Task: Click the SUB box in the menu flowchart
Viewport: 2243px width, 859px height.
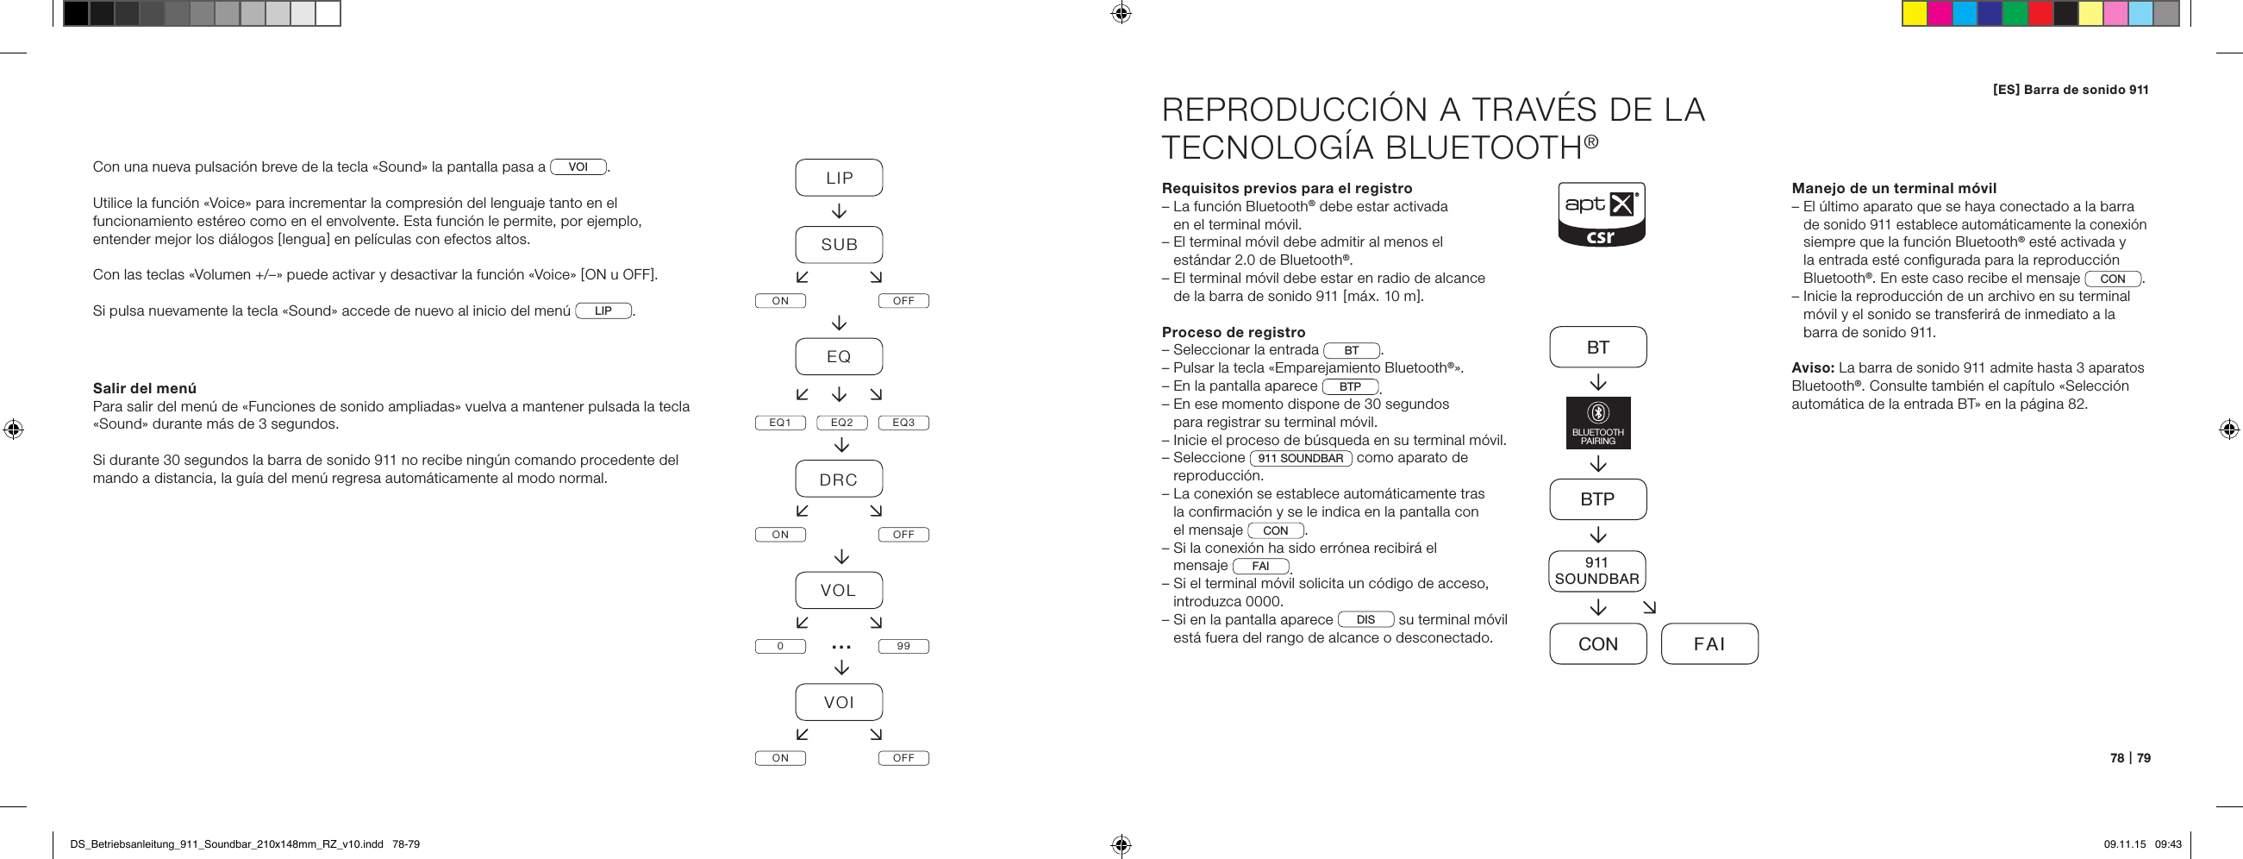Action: [x=839, y=245]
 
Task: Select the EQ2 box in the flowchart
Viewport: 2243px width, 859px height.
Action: [x=841, y=423]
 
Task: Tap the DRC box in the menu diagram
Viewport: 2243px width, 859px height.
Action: [x=839, y=480]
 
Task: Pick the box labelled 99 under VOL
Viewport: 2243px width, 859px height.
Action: [x=903, y=647]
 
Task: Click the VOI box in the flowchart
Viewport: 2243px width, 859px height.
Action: [x=839, y=702]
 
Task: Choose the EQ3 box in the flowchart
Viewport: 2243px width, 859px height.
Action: [x=903, y=423]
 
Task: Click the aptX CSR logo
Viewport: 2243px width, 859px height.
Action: [x=1601, y=214]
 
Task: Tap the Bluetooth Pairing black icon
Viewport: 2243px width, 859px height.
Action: [x=1598, y=423]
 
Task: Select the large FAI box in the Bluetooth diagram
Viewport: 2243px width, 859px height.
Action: [x=1709, y=643]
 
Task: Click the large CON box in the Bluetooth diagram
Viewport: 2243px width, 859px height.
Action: [x=1598, y=643]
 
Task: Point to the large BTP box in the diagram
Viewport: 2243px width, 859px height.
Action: [x=1598, y=499]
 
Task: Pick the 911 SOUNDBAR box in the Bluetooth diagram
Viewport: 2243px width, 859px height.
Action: [x=1597, y=571]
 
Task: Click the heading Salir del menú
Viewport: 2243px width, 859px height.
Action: [x=145, y=389]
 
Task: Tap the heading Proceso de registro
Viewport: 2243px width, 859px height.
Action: [x=1233, y=332]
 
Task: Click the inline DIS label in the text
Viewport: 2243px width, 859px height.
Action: [x=1365, y=619]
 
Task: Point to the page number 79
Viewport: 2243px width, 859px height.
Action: [x=2143, y=758]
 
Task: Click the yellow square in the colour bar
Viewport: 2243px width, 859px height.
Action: [x=1914, y=14]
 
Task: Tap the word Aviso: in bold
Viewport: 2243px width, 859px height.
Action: [x=1812, y=367]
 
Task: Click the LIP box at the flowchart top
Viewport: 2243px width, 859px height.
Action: [x=839, y=178]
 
